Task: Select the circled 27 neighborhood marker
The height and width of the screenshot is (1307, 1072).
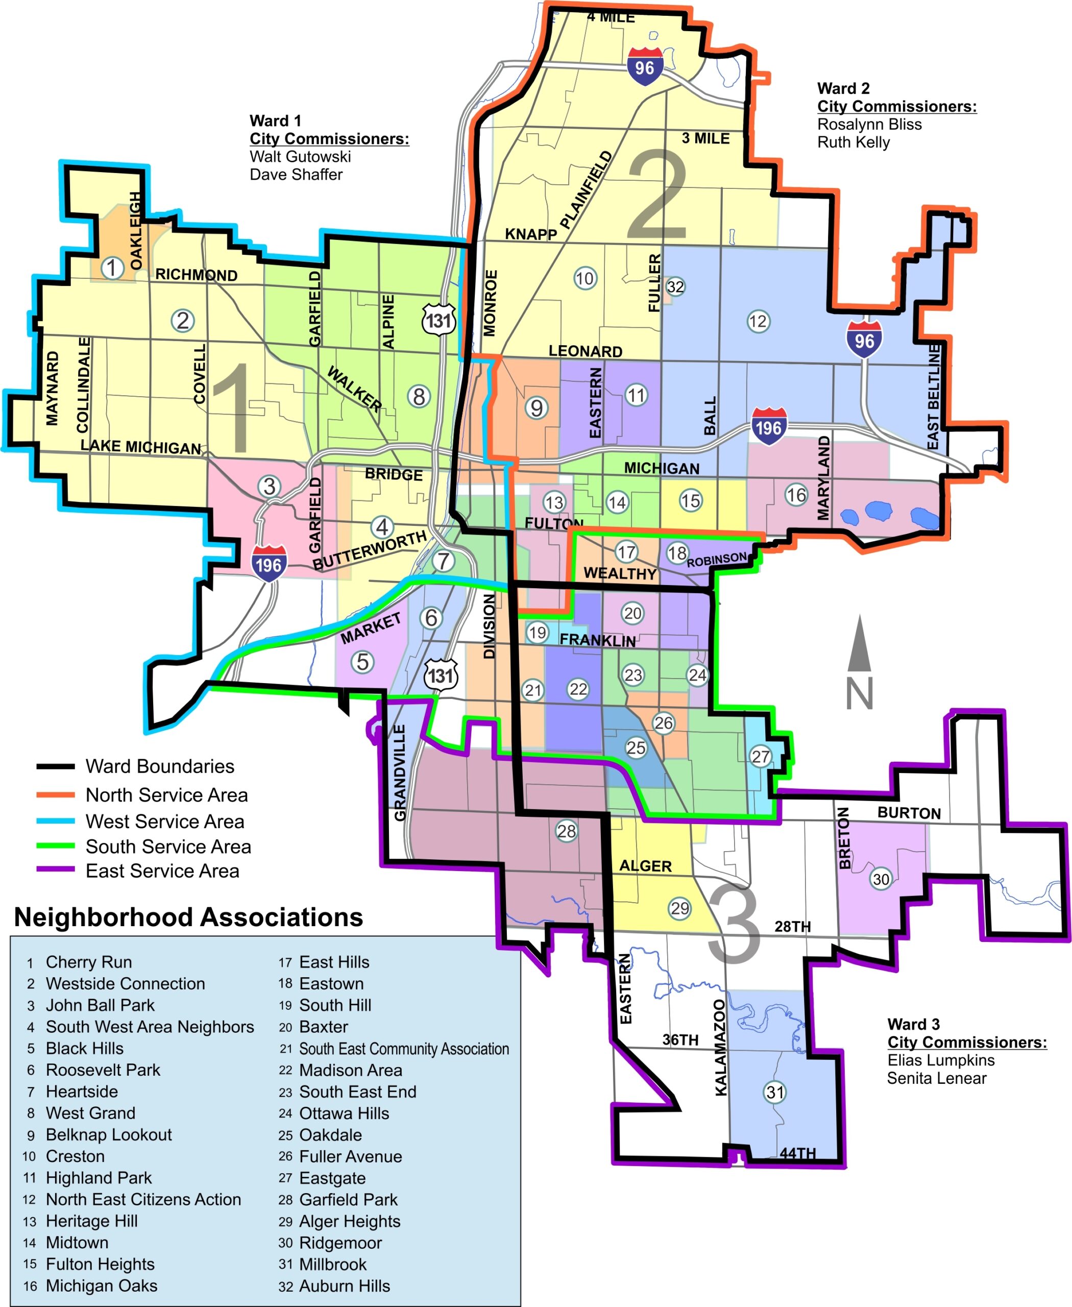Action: [x=760, y=757]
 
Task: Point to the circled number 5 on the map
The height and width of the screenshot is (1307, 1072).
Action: [x=362, y=662]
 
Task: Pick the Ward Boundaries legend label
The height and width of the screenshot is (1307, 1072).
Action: [x=160, y=766]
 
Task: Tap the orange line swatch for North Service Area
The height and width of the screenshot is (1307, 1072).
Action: [x=56, y=795]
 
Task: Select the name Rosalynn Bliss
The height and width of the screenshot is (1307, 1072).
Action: [x=869, y=124]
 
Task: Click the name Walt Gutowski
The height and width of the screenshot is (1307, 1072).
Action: [x=300, y=156]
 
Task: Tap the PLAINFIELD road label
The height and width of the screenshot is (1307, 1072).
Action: [x=586, y=189]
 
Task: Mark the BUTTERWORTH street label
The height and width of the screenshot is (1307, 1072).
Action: [x=369, y=550]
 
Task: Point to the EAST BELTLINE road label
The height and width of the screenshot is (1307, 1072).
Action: [x=933, y=397]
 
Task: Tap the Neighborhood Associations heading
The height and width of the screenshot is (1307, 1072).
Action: [x=188, y=917]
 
